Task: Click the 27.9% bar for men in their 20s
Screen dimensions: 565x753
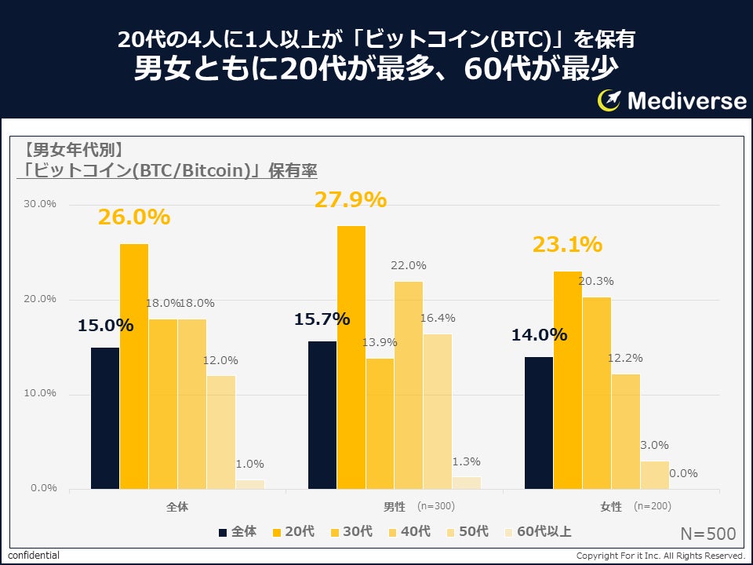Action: pyautogui.click(x=351, y=357)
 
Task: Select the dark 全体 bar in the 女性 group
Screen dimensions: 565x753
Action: pyautogui.click(x=539, y=422)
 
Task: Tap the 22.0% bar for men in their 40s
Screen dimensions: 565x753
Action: pyautogui.click(x=408, y=385)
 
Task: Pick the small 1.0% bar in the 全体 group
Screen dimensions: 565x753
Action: pyautogui.click(x=249, y=484)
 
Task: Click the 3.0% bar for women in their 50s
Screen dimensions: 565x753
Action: pyautogui.click(x=654, y=475)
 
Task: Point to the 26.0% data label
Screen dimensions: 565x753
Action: pyautogui.click(x=134, y=217)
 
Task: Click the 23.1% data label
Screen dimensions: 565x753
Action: pyautogui.click(x=567, y=245)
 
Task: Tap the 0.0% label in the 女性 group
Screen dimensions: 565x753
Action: pyautogui.click(x=682, y=473)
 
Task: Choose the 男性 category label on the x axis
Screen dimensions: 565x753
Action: pyautogui.click(x=393, y=507)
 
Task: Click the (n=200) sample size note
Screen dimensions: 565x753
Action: pyautogui.click(x=652, y=506)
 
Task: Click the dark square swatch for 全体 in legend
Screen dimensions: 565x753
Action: pyautogui.click(x=223, y=532)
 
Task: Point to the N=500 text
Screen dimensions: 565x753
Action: pyautogui.click(x=708, y=534)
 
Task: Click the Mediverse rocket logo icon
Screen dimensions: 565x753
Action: pyautogui.click(x=609, y=100)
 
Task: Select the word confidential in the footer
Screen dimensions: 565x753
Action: pyautogui.click(x=33, y=556)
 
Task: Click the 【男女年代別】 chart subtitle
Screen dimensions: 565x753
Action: pyautogui.click(x=71, y=149)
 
